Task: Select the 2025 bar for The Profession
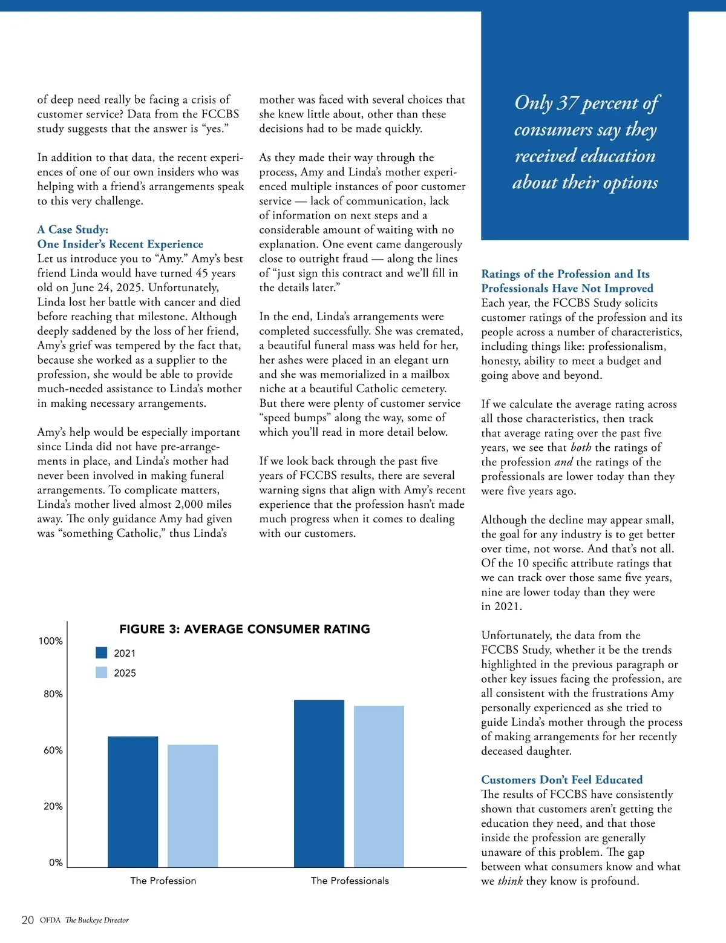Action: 192,806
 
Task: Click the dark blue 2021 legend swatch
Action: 102,652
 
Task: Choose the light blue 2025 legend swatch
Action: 102,672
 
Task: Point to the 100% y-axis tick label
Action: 51,641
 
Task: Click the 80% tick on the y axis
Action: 53,694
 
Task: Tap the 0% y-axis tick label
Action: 56,862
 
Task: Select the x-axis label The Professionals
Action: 350,881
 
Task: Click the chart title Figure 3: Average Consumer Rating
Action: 244,629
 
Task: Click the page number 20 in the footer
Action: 28,920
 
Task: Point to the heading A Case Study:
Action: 73,229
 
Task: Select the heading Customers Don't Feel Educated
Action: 561,780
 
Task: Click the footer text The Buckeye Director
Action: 97,920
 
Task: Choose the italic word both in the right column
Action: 581,447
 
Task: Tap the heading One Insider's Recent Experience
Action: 120,244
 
